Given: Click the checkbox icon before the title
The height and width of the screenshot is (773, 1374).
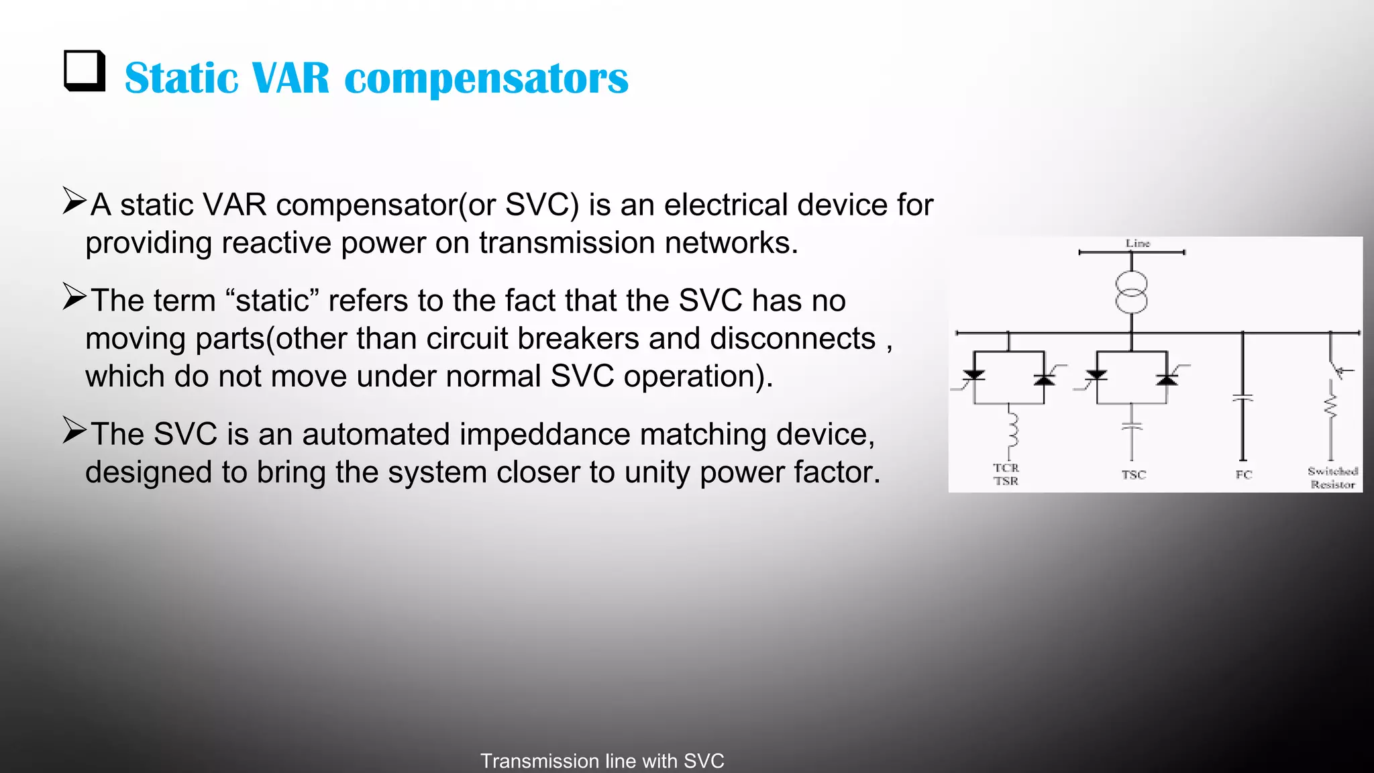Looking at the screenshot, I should click(x=85, y=71).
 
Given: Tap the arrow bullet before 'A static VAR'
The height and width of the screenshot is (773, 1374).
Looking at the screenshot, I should click(x=74, y=201).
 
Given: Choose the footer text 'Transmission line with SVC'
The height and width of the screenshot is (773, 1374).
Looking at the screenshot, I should click(x=602, y=761).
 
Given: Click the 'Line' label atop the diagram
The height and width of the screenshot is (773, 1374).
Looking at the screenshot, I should click(x=1138, y=243).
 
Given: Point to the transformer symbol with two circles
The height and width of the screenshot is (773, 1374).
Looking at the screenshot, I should click(x=1131, y=293).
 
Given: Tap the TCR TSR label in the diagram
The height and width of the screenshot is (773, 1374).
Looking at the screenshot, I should click(x=1006, y=474).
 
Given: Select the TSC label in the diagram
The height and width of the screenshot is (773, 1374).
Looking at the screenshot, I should click(x=1133, y=474).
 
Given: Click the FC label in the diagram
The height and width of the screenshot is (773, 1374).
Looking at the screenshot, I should click(x=1243, y=474).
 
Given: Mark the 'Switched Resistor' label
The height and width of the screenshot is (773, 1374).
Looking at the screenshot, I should click(x=1332, y=477).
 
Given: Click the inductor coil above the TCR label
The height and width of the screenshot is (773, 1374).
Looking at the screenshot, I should click(x=1012, y=430).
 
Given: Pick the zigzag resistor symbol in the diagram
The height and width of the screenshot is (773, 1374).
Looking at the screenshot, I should click(x=1330, y=406).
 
